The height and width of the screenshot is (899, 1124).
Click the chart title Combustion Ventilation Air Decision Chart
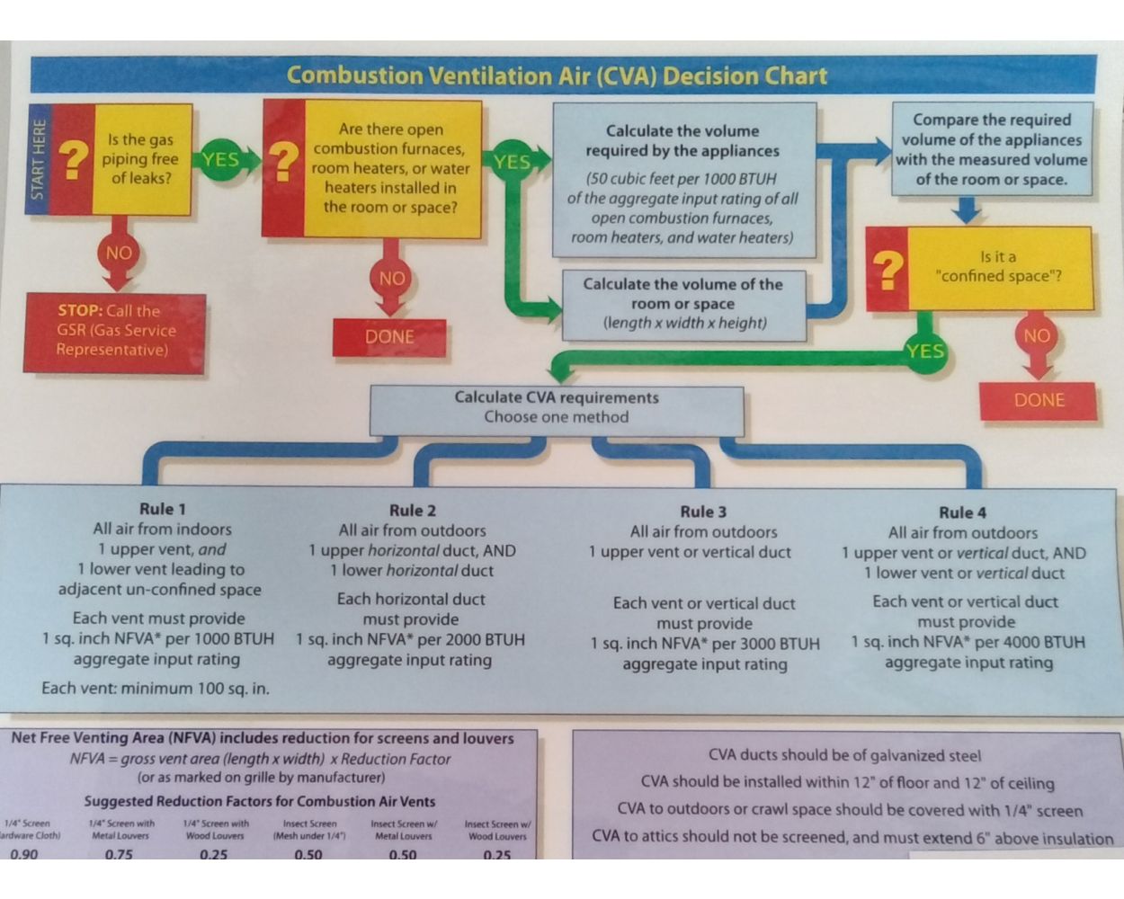[x=557, y=76]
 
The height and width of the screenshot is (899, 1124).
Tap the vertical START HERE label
[x=38, y=160]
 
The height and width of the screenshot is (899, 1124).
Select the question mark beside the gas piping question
[x=73, y=160]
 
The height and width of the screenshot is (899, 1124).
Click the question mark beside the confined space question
[x=888, y=269]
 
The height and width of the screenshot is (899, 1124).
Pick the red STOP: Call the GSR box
[x=115, y=331]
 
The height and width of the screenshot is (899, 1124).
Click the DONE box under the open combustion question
[x=389, y=337]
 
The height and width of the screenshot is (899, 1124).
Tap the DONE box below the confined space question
[x=1039, y=400]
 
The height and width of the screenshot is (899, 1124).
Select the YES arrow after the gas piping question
[x=220, y=160]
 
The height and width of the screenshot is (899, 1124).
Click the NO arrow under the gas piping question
[x=119, y=254]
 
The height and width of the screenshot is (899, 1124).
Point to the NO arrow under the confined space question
[x=1036, y=337]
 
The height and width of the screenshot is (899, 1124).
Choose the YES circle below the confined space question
[x=924, y=351]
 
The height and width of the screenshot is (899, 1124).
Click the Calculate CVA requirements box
[x=557, y=407]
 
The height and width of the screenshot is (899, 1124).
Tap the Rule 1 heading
[x=162, y=509]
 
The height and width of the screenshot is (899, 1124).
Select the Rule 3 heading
[x=703, y=512]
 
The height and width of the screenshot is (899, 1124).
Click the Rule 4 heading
[x=962, y=512]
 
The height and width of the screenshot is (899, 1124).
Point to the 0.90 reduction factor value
[x=24, y=853]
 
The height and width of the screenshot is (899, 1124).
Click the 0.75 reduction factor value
[x=119, y=853]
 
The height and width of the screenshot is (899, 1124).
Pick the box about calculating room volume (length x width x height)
[x=683, y=304]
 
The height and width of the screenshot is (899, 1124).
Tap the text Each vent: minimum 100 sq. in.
[x=156, y=689]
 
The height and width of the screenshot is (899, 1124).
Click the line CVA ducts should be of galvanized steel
[x=844, y=756]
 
